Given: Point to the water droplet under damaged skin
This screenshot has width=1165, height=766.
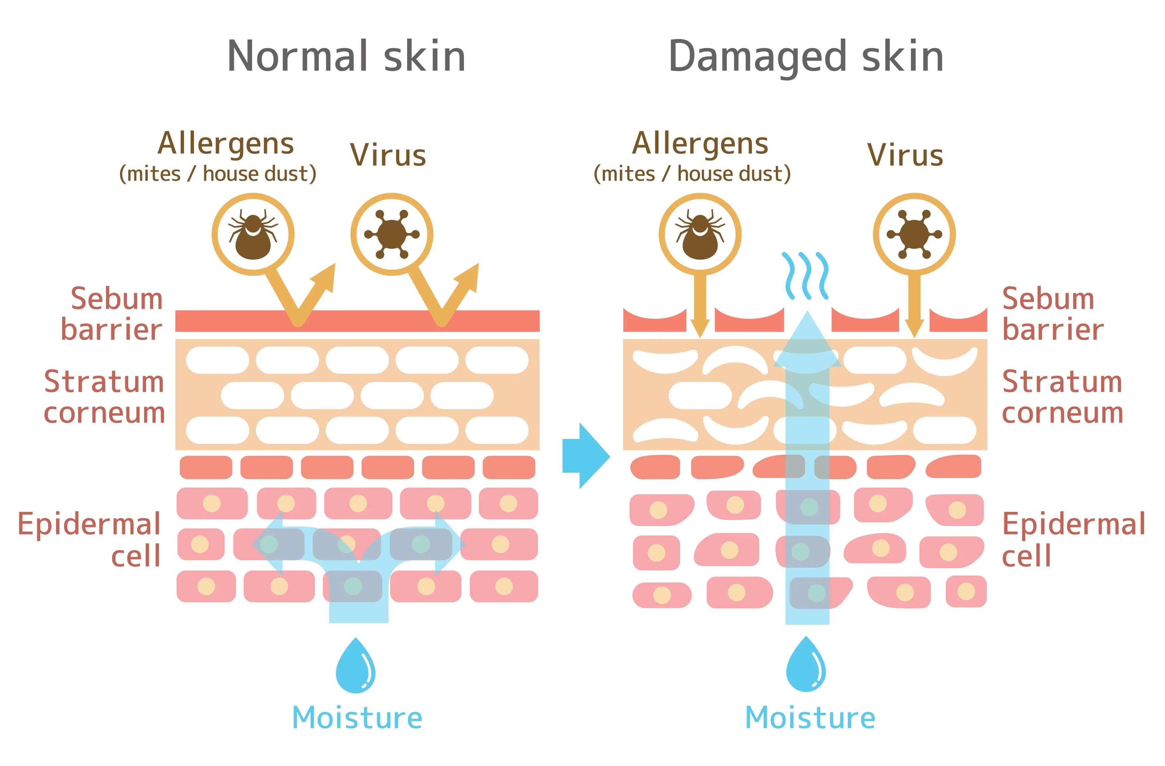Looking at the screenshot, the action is [806, 664].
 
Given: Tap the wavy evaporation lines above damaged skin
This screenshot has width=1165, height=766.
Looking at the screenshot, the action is [806, 276].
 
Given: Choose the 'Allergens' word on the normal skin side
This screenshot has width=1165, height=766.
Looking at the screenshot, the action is [225, 144].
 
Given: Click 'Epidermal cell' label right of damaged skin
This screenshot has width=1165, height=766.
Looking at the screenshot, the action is [1073, 539].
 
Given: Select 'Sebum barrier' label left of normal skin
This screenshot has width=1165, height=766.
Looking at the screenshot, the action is [112, 314].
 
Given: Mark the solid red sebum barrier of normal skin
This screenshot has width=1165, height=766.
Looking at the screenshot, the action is [357, 321].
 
